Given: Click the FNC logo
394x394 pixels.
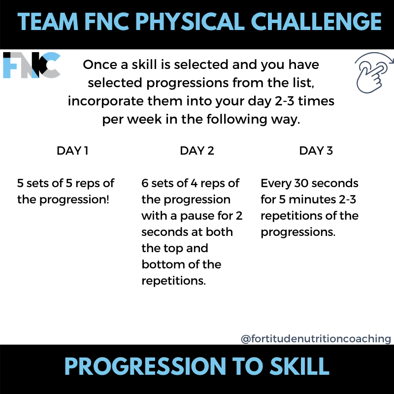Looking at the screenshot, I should click(32, 65).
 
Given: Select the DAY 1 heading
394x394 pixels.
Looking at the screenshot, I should click(73, 151).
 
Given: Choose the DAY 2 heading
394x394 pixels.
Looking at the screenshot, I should click(197, 151).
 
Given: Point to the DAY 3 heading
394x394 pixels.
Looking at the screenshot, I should click(316, 151).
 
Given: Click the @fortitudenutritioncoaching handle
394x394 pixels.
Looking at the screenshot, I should click(316, 339).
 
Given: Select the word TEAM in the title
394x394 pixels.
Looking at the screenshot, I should click(47, 22).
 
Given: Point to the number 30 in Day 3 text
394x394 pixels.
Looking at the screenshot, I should click(300, 184).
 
